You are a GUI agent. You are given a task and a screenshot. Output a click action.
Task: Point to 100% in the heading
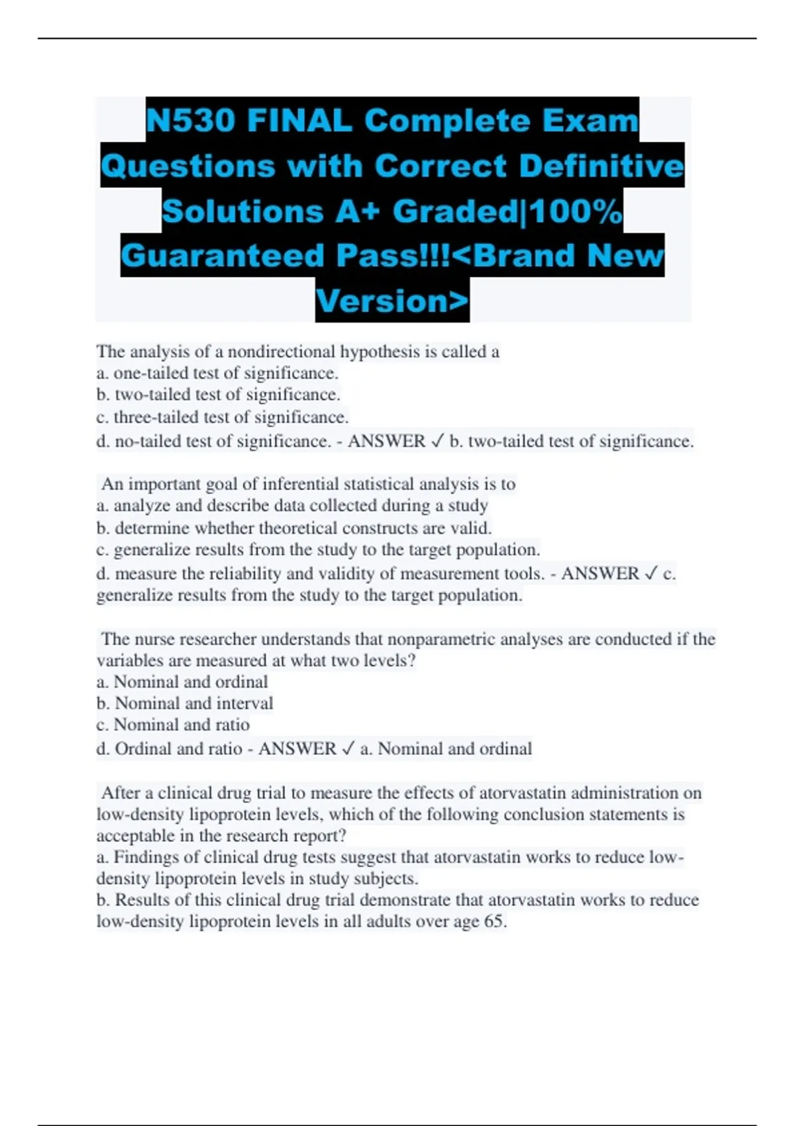tap(576, 211)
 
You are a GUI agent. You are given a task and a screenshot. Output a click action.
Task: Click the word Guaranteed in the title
tap(225, 256)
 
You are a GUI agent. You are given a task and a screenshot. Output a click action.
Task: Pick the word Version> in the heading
tap(392, 301)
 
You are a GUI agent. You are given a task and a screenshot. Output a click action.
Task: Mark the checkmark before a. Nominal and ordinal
tap(348, 749)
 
